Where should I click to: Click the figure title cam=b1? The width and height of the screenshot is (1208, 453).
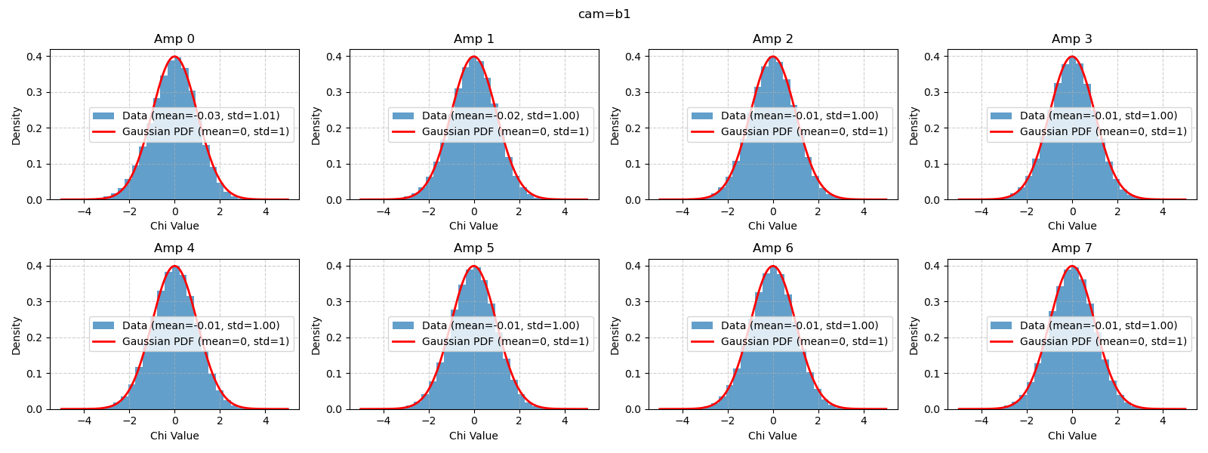[604, 14]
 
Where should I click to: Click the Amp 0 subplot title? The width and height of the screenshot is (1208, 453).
[174, 39]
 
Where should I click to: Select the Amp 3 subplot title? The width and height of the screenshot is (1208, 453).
[1072, 39]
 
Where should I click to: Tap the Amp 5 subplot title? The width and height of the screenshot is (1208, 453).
[473, 248]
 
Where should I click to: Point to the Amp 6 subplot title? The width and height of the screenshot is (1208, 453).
[772, 248]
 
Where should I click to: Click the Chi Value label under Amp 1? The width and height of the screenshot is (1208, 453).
[473, 226]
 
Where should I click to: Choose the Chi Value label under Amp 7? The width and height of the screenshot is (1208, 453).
[1072, 436]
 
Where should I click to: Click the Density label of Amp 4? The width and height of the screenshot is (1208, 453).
[17, 336]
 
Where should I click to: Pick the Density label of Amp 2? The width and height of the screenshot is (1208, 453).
[615, 126]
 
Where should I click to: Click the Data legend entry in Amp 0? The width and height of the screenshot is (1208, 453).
[201, 116]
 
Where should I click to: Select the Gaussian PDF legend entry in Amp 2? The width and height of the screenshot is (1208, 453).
[804, 131]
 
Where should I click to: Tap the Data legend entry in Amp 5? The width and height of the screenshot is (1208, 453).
[500, 325]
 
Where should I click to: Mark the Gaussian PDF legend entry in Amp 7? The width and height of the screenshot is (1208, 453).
[1103, 341]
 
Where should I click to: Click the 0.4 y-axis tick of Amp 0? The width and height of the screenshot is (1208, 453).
[35, 57]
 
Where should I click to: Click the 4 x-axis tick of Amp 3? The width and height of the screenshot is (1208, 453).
[1163, 211]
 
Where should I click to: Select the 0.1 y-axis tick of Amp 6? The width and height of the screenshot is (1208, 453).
[633, 374]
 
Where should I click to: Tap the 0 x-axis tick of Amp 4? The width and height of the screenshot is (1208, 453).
[174, 421]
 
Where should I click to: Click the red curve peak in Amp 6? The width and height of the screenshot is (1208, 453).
[773, 266]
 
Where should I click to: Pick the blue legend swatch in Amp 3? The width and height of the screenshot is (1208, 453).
[1001, 116]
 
